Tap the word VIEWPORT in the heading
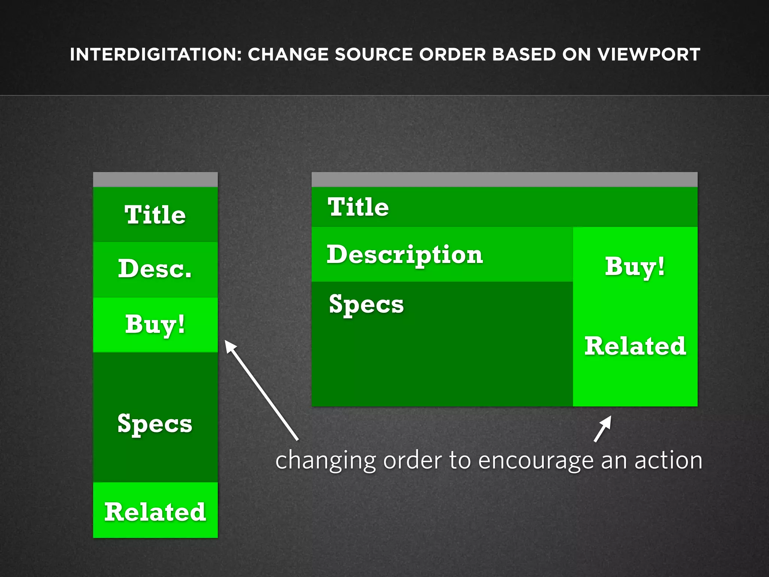[x=648, y=54]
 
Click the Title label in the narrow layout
[x=155, y=215]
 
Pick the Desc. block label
[x=155, y=269]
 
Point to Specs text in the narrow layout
[x=155, y=424]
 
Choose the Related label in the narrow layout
[x=155, y=512]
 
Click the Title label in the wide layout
[x=358, y=207]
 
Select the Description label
[x=405, y=255]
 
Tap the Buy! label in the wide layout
[x=635, y=267]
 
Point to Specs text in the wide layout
[x=366, y=304]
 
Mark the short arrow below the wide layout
[x=603, y=429]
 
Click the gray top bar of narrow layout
[x=155, y=180]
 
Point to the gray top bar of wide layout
[x=504, y=180]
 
